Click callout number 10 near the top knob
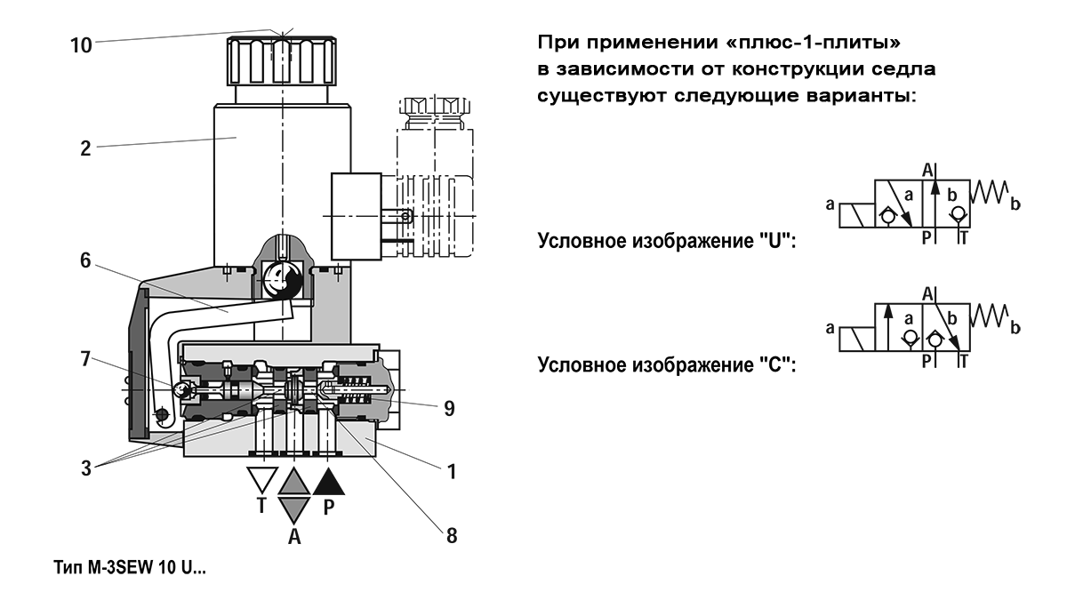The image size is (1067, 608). pyautogui.click(x=81, y=45)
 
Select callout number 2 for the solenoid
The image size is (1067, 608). pyautogui.click(x=85, y=148)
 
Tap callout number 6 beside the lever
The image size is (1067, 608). pyautogui.click(x=85, y=260)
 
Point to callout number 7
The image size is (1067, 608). pyautogui.click(x=85, y=359)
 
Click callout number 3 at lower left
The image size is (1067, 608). pyautogui.click(x=85, y=468)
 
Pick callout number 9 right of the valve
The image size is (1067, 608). pyautogui.click(x=449, y=409)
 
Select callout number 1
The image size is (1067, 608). pyautogui.click(x=452, y=472)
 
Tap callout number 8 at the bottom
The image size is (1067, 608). pyautogui.click(x=452, y=536)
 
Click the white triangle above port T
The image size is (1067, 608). pyautogui.click(x=262, y=479)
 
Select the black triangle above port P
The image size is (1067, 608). pyautogui.click(x=328, y=482)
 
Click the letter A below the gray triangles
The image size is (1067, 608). pyautogui.click(x=294, y=537)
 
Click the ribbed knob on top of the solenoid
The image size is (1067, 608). pyautogui.click(x=282, y=61)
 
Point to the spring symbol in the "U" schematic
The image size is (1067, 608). pyautogui.click(x=990, y=192)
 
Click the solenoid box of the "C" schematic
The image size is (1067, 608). pyautogui.click(x=856, y=339)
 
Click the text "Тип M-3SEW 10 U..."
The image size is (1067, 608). pyautogui.click(x=130, y=567)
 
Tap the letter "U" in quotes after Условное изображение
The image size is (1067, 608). pyautogui.click(x=775, y=241)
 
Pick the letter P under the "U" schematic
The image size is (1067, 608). pyautogui.click(x=927, y=237)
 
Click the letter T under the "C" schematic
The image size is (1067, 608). pyautogui.click(x=963, y=362)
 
